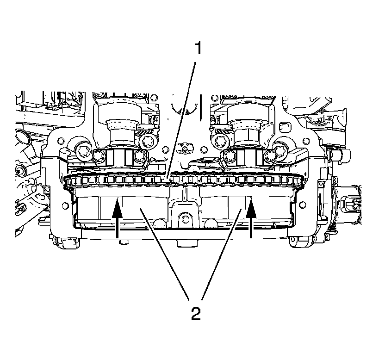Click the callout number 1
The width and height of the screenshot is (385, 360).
coord(198,48)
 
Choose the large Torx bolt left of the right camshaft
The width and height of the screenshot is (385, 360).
coord(219,139)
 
